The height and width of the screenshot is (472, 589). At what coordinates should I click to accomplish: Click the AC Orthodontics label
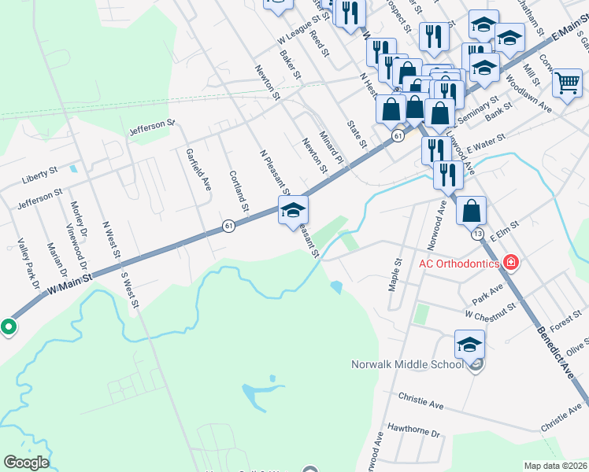tap(458, 264)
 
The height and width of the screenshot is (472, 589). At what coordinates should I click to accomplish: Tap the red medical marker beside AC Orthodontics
tap(511, 262)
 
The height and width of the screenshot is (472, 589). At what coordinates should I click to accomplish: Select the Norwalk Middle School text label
tap(406, 364)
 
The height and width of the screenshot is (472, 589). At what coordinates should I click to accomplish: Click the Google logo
tap(26, 463)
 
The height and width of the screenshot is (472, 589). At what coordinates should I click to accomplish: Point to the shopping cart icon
tap(567, 83)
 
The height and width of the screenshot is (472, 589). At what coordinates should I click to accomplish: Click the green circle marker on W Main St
tap(9, 326)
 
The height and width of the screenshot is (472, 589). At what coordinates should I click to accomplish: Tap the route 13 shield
tap(477, 234)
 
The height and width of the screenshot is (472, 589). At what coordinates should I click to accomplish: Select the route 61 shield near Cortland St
tap(228, 226)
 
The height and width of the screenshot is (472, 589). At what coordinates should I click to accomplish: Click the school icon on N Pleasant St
tap(293, 209)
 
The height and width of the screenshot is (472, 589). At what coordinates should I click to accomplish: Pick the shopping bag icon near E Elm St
tap(471, 211)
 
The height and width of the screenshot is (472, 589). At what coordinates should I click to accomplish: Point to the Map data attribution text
tap(555, 466)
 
